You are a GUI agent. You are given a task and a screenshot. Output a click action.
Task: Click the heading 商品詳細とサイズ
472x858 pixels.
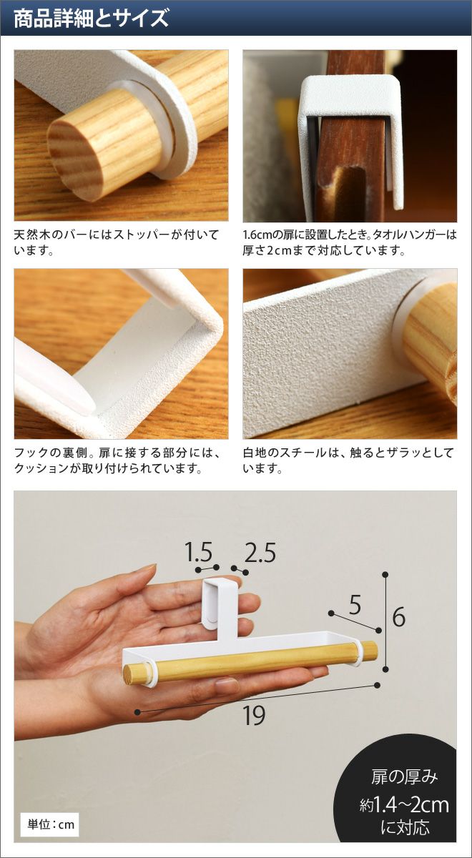(x=92, y=19)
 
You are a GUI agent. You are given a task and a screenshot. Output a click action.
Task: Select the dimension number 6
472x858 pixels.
(x=398, y=616)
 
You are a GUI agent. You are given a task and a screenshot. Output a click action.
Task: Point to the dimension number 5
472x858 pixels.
(x=355, y=605)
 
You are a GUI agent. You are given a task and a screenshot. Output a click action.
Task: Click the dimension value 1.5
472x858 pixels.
(x=198, y=552)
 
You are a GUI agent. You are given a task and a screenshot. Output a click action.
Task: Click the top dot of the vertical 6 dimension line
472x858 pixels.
(x=385, y=575)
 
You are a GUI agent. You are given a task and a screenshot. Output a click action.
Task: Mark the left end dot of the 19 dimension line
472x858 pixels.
(x=137, y=711)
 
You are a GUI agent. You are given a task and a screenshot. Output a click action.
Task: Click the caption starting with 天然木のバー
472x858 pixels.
(x=117, y=242)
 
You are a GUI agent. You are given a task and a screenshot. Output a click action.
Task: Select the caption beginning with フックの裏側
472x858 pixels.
(x=118, y=460)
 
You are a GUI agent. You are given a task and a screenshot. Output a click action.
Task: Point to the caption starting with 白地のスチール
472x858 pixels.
(x=348, y=460)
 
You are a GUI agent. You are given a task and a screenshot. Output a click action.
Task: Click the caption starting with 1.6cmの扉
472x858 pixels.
(x=350, y=242)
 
